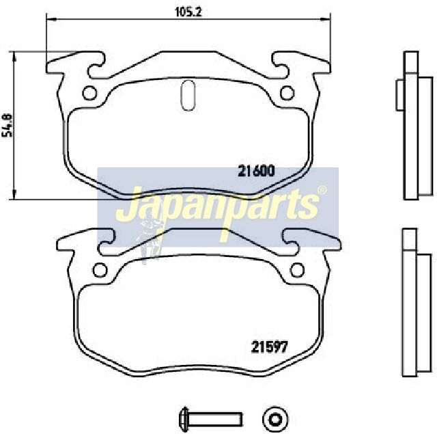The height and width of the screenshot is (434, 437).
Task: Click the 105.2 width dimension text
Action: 188,12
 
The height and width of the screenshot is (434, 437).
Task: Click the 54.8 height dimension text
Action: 8,125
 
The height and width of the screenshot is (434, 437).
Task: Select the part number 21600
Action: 256,172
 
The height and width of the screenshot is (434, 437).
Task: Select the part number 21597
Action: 269,347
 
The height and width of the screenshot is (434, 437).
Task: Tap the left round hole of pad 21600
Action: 89,93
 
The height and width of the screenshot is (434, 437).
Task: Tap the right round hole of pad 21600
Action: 287,93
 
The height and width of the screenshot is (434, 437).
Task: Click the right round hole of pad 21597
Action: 297,270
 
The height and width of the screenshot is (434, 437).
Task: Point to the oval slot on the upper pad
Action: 188,95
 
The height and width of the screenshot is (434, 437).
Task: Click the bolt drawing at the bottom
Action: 210,419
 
